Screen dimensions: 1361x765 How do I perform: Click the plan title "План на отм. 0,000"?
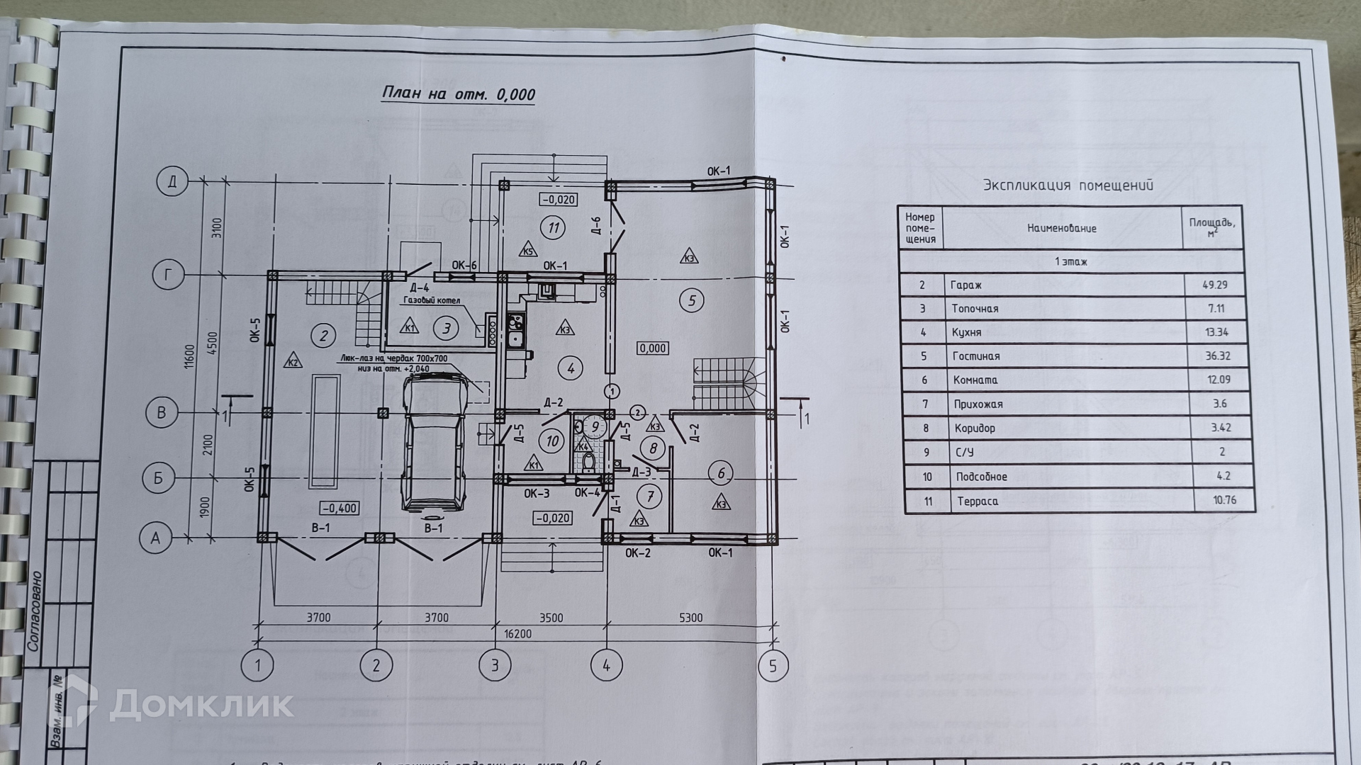[459, 94]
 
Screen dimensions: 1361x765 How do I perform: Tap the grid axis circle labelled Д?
[172, 182]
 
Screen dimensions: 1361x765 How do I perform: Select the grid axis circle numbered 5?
[773, 666]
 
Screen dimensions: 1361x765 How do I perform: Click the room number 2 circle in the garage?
[323, 335]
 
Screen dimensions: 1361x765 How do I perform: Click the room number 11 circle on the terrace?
[552, 227]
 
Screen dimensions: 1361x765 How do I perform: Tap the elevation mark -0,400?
[340, 508]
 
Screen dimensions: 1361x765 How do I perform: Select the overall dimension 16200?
[517, 634]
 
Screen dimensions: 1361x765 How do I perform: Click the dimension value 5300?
[690, 618]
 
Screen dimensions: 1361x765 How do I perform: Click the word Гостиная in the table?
[975, 356]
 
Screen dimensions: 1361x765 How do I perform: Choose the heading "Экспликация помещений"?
[1068, 186]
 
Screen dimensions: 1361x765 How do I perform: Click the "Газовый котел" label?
[432, 300]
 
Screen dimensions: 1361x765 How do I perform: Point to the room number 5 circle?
[691, 300]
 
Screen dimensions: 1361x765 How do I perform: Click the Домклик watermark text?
[201, 704]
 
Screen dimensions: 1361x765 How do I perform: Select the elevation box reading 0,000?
[652, 348]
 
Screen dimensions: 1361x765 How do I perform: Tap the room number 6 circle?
[722, 473]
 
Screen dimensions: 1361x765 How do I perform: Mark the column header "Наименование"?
[1062, 228]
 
